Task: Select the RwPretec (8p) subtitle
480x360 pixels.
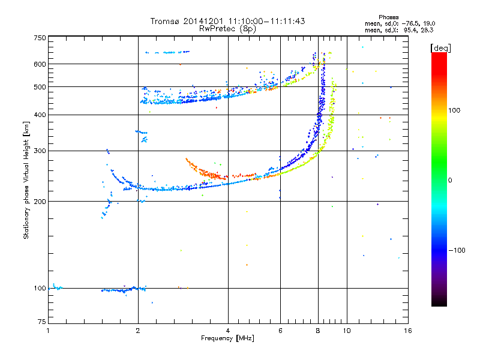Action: [227, 29]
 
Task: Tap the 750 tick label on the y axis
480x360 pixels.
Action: [40, 38]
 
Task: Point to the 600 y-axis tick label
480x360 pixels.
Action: [40, 64]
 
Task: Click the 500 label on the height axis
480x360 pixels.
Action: [40, 87]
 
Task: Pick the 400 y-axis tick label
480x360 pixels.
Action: [40, 115]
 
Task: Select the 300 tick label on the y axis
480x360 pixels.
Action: [40, 151]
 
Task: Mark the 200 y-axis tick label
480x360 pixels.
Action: [40, 202]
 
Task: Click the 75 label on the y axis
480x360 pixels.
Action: [42, 322]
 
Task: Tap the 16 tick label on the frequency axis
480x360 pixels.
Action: [408, 331]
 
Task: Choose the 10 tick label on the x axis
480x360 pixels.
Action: [347, 331]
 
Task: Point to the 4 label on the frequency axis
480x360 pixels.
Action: [228, 331]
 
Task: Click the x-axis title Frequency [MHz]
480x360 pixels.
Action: [227, 338]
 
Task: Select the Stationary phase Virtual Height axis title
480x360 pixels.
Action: [26, 181]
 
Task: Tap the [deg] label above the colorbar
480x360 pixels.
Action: [441, 48]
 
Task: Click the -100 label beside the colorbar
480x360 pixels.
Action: [457, 250]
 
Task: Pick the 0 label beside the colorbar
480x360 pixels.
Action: [450, 180]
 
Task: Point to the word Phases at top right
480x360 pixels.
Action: [388, 17]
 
